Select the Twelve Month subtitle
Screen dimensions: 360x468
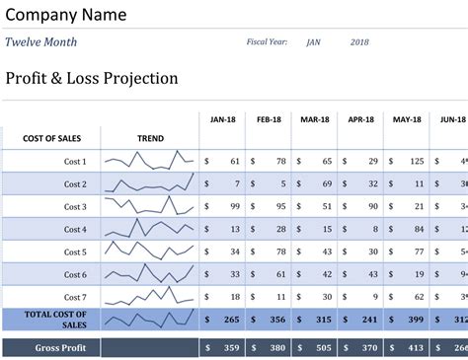[x=40, y=42]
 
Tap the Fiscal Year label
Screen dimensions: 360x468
[x=267, y=42]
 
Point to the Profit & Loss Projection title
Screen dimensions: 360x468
[x=92, y=79]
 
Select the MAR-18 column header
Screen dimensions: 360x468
[x=315, y=120]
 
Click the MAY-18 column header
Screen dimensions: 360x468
[x=407, y=120]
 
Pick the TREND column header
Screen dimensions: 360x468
[x=150, y=139]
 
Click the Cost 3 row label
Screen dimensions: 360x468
[x=76, y=207]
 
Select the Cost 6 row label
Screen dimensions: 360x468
[x=76, y=274]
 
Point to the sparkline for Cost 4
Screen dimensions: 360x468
[x=150, y=229]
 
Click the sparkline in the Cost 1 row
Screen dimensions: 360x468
[x=150, y=161]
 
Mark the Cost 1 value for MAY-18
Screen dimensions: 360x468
[x=416, y=161]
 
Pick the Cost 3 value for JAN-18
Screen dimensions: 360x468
[x=234, y=207]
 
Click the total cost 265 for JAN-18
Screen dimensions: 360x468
[x=231, y=320]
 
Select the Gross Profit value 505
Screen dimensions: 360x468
[x=323, y=347]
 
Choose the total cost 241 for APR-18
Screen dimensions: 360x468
[x=368, y=320]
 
